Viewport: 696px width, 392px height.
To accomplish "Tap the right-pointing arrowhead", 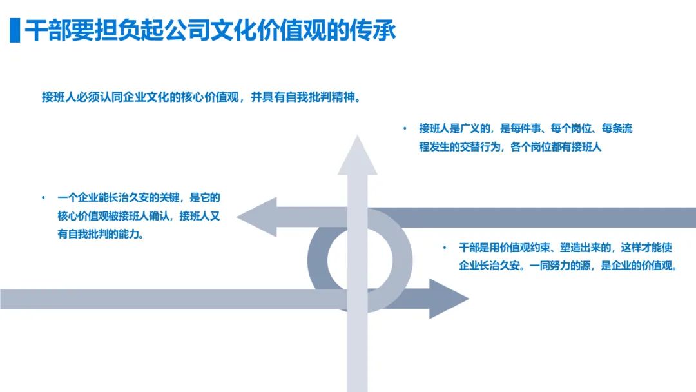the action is coord(448,298).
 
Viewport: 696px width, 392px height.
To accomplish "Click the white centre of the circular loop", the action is coord(360,259).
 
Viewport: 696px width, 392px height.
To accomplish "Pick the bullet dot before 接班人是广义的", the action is coord(405,129).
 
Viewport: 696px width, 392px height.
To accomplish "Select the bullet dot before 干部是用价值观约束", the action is coord(444,248).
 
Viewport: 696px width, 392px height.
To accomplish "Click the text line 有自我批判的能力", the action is coord(101,234).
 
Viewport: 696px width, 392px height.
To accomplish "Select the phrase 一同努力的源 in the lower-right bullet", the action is coord(560,265).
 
